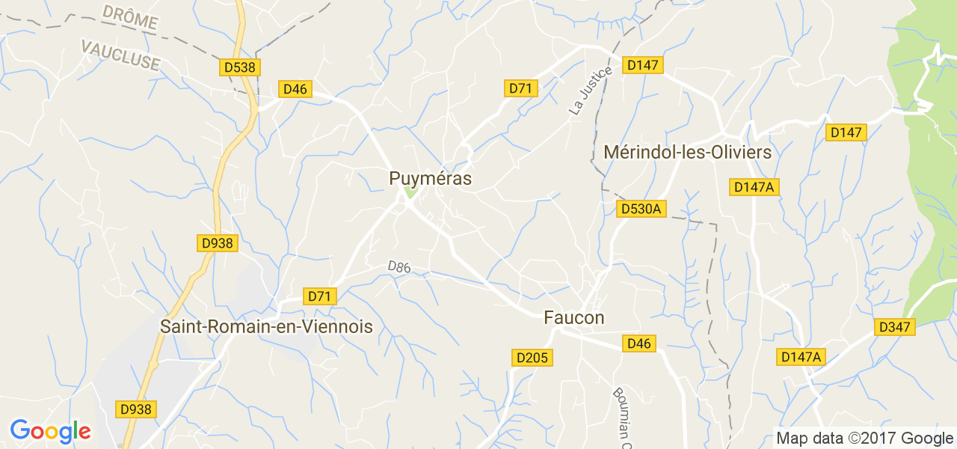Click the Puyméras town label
(430, 178)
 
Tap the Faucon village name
(573, 318)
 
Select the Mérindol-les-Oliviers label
(686, 152)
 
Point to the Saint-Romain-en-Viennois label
(266, 327)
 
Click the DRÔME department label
(129, 17)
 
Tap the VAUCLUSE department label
(120, 55)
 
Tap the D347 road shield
(895, 327)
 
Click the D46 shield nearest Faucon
(639, 343)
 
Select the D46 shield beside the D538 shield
(295, 89)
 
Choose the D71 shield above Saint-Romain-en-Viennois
(319, 296)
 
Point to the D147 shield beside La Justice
(643, 65)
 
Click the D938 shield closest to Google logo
(135, 409)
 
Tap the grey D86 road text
(399, 266)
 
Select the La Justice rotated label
(590, 91)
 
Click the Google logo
(50, 431)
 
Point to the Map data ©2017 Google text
(864, 439)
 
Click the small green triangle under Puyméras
(408, 193)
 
